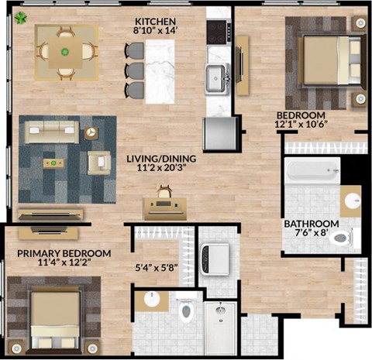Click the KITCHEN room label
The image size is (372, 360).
[x=156, y=20]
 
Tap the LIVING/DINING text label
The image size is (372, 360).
[x=161, y=159]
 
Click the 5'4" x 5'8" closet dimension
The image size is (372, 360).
[x=157, y=270]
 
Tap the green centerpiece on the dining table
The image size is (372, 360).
[x=64, y=52]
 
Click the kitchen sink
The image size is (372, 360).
[x=216, y=76]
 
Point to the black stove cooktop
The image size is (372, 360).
[x=216, y=30]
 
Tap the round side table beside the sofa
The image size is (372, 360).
[x=91, y=132]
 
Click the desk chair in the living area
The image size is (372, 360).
[x=164, y=190]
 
